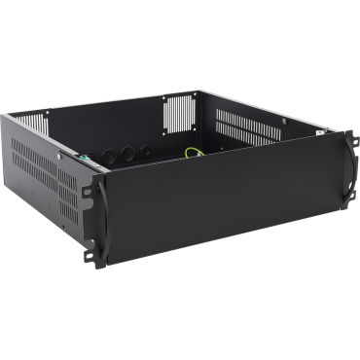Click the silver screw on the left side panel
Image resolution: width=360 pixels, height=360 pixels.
tap(61, 153)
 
